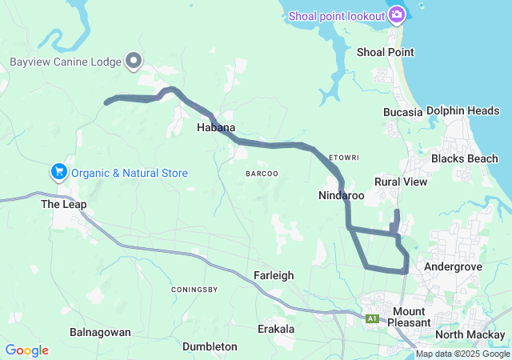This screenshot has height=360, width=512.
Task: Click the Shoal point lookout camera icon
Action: pos(397,14)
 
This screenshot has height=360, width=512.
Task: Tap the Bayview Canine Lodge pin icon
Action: pos(134,61)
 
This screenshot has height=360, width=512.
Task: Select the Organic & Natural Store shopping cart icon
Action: pos(58,172)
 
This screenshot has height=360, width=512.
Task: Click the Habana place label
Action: pos(216,127)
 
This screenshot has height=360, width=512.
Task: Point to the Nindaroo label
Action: pos(341,195)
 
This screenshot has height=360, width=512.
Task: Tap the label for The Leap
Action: pos(63,204)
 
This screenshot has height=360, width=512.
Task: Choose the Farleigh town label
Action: pos(274,275)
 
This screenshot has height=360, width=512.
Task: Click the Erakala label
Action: pos(276,329)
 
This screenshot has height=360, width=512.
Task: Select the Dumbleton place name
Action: pos(210,346)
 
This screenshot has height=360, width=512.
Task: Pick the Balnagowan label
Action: pos(100,331)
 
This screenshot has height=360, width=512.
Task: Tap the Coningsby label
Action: pos(195,289)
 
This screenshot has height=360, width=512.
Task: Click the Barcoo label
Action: pos(262,173)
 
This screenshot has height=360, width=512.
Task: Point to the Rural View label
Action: pos(401,182)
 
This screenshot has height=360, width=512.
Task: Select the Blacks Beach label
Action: pos(464,158)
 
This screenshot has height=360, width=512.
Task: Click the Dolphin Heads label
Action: pos(462,111)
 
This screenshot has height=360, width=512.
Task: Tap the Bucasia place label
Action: pos(402,112)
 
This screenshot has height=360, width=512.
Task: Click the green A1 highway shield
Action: pos(372,318)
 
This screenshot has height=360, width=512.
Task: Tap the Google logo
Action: pos(26,350)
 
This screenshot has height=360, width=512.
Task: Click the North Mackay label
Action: pos(471,334)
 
